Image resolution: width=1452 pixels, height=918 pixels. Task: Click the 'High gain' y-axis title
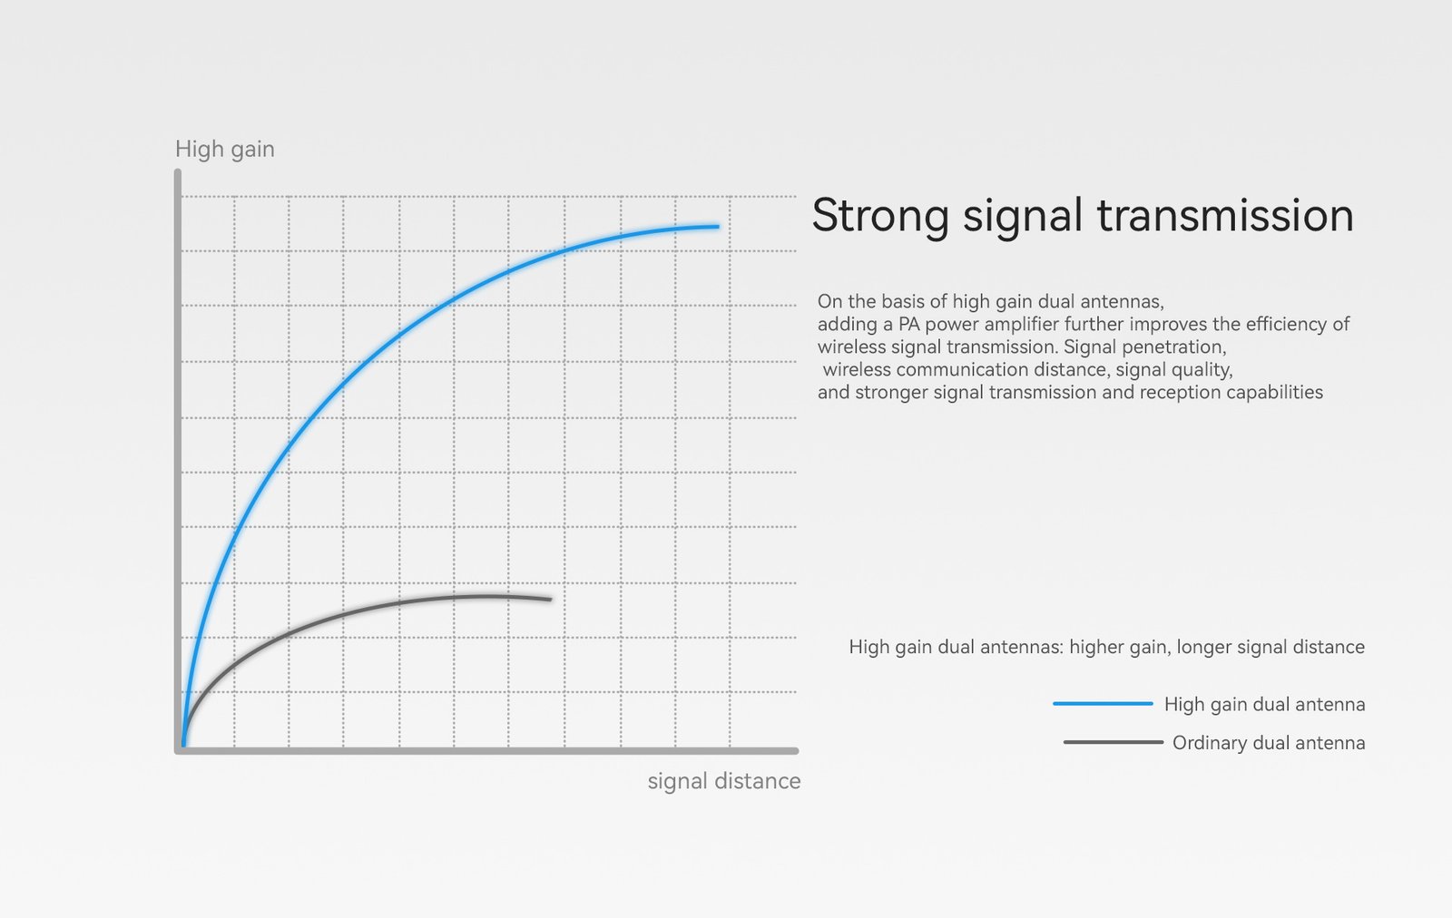click(225, 150)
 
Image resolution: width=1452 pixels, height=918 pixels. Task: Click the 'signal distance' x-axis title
click(724, 781)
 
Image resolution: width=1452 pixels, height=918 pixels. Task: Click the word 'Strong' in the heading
click(880, 217)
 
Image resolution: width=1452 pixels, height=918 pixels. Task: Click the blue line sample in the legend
click(1103, 704)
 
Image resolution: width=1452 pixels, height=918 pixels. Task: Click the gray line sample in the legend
click(1113, 742)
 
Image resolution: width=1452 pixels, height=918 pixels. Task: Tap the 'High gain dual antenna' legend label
click(1265, 704)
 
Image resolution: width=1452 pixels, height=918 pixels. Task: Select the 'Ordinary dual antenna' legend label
click(1269, 742)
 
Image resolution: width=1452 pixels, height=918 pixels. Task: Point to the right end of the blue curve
click(718, 227)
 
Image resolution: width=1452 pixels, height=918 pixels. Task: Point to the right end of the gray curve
click(551, 600)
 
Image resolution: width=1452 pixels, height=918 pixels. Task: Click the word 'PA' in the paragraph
click(908, 324)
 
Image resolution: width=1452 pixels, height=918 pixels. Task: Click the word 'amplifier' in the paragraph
click(1017, 324)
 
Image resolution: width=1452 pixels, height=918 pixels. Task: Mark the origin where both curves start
click(183, 747)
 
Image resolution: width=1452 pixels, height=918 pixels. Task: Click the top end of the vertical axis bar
click(178, 171)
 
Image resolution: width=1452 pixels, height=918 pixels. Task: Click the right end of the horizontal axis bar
click(797, 751)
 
